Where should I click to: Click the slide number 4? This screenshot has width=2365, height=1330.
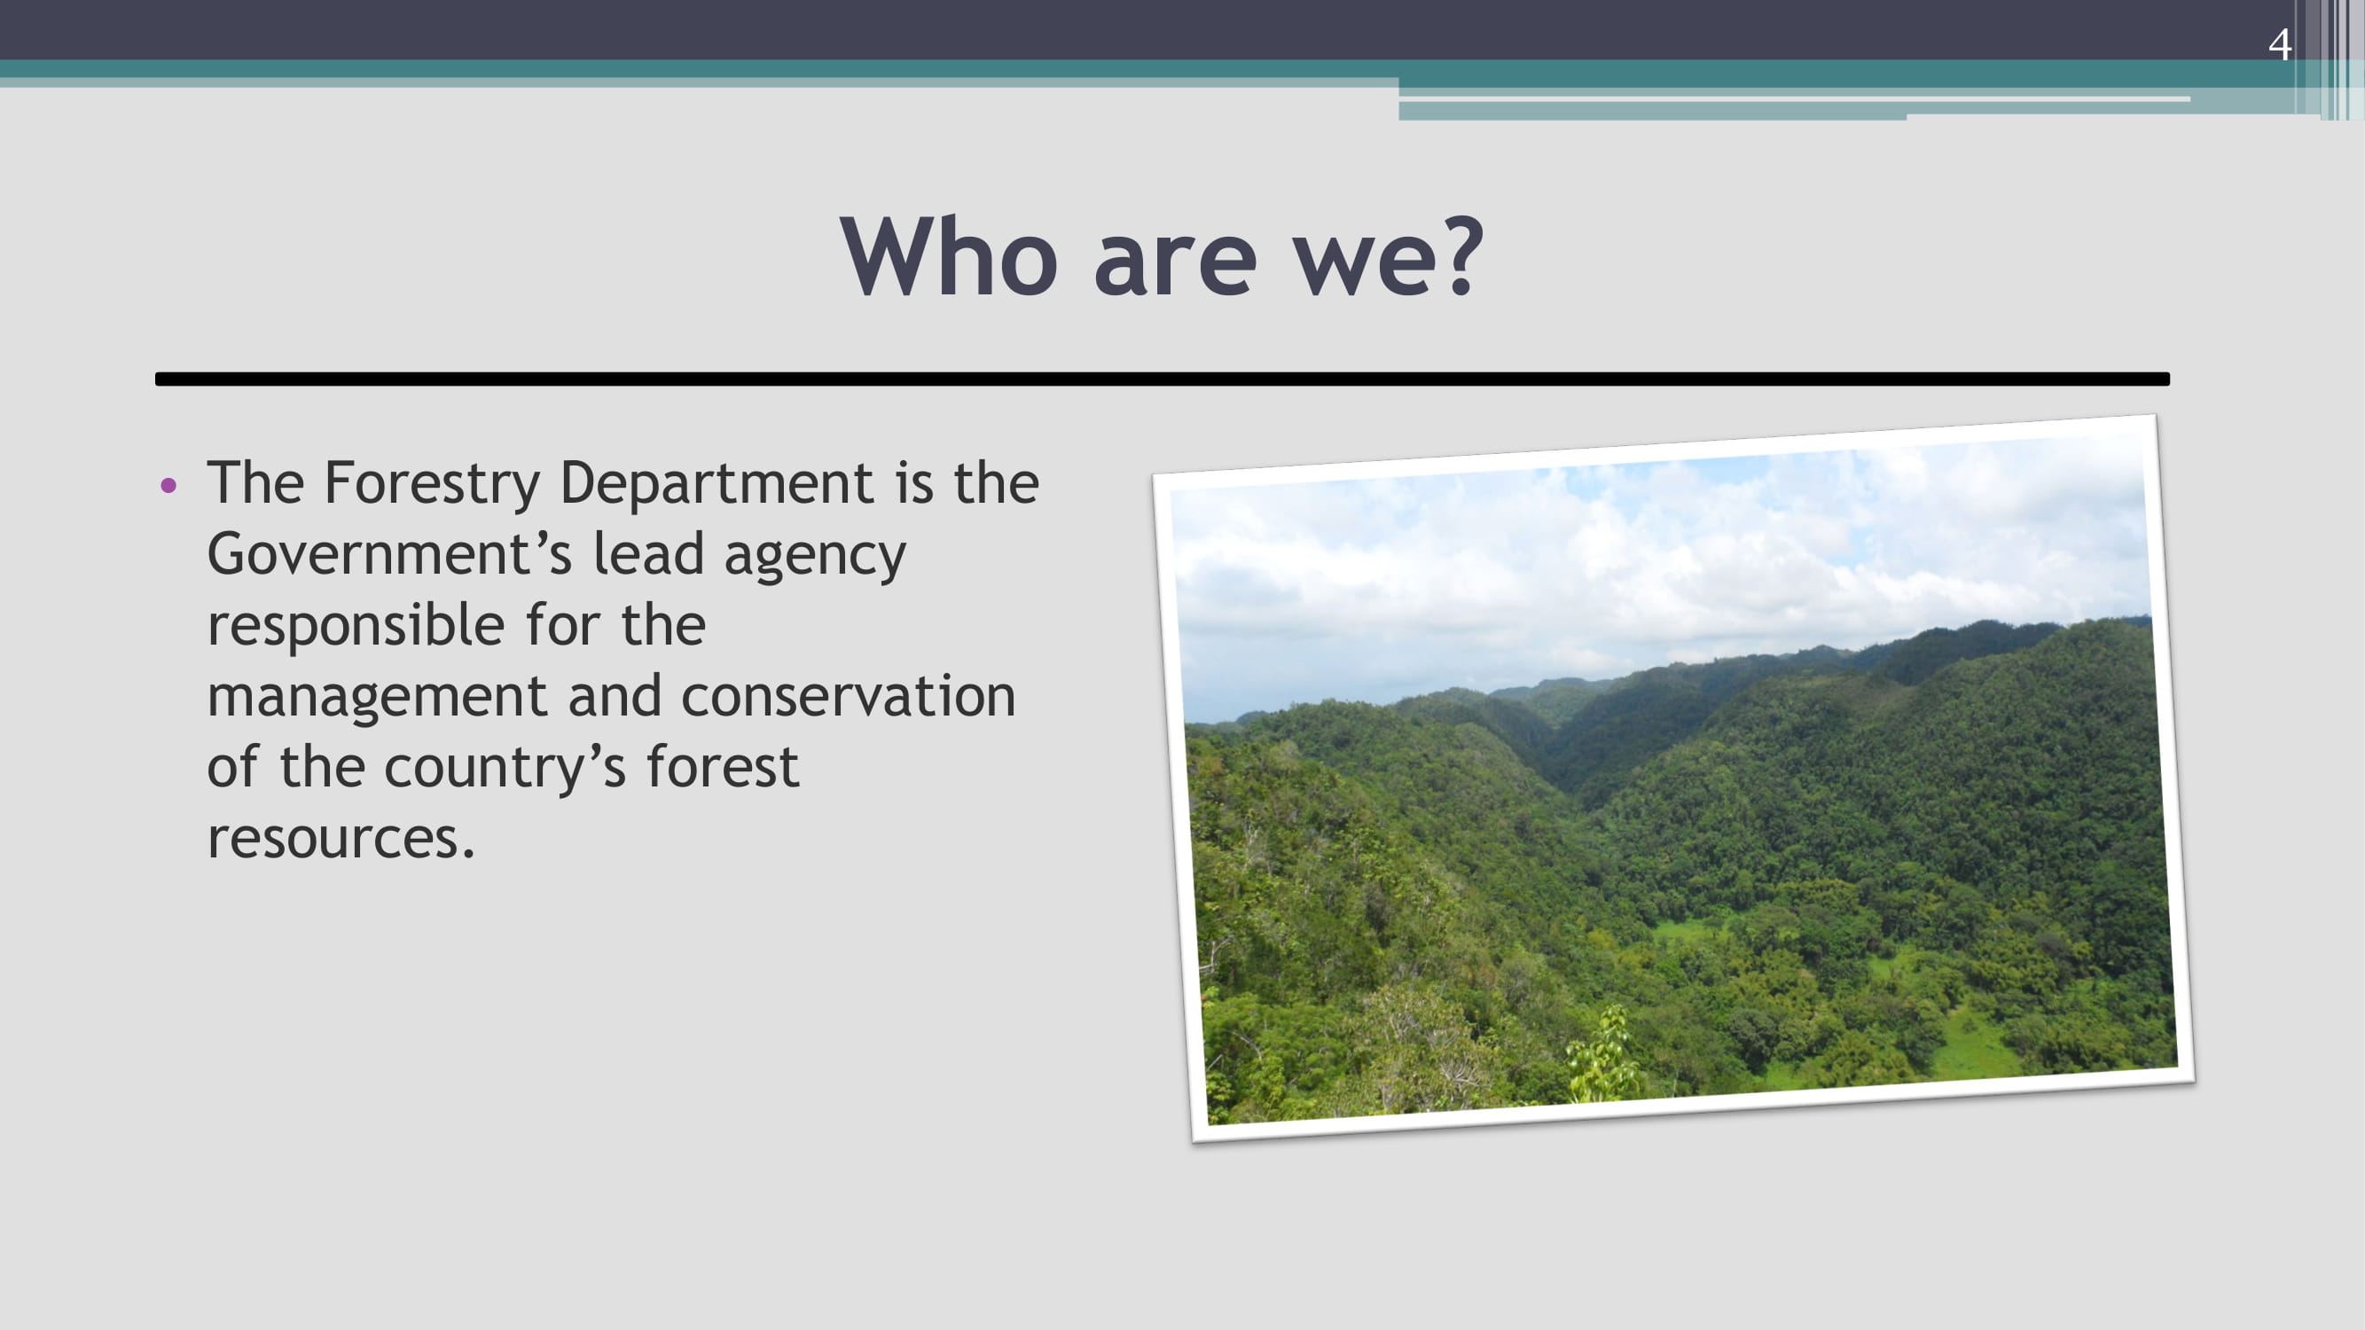coord(2279,44)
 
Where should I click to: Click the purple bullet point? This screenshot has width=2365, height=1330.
coord(168,485)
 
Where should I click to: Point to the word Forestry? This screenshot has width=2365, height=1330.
coord(433,485)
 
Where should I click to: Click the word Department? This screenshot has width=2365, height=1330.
coord(717,485)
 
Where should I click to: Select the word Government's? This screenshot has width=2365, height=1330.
coord(390,553)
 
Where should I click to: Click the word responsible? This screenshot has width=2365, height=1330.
coord(356,626)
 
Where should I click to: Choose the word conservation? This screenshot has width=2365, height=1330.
coord(849,696)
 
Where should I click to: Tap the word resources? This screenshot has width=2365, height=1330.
coord(341,839)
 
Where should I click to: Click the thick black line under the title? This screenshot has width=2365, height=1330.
coord(1163,379)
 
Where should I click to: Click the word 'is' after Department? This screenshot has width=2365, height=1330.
coord(914,483)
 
